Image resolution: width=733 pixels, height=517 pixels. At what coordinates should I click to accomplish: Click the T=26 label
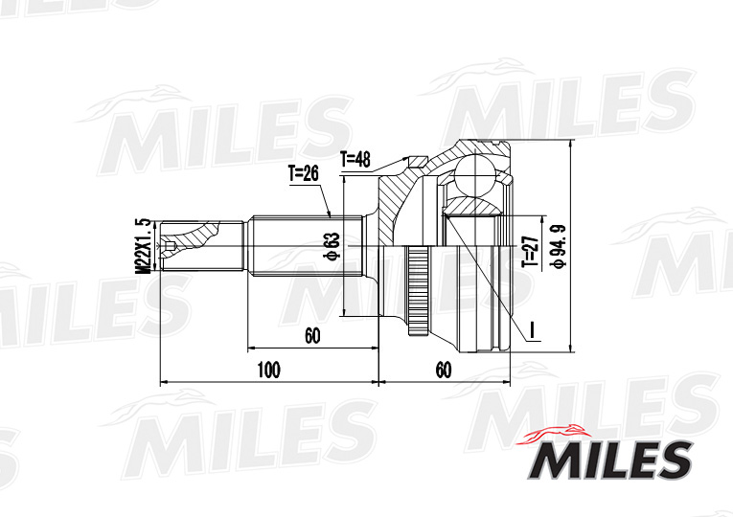303,173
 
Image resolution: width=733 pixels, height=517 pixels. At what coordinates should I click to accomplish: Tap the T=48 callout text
355,160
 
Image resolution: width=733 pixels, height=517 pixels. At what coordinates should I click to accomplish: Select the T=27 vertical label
530,252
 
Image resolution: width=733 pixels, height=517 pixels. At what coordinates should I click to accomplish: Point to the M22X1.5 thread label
144,246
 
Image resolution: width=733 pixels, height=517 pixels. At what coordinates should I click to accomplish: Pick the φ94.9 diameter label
560,246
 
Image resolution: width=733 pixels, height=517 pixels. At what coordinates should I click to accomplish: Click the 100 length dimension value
269,370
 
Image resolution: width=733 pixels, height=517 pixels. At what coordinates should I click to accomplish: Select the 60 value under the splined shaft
312,335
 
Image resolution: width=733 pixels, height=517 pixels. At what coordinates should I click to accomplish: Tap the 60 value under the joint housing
444,370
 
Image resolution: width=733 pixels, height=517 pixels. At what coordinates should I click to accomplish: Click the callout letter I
533,329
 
